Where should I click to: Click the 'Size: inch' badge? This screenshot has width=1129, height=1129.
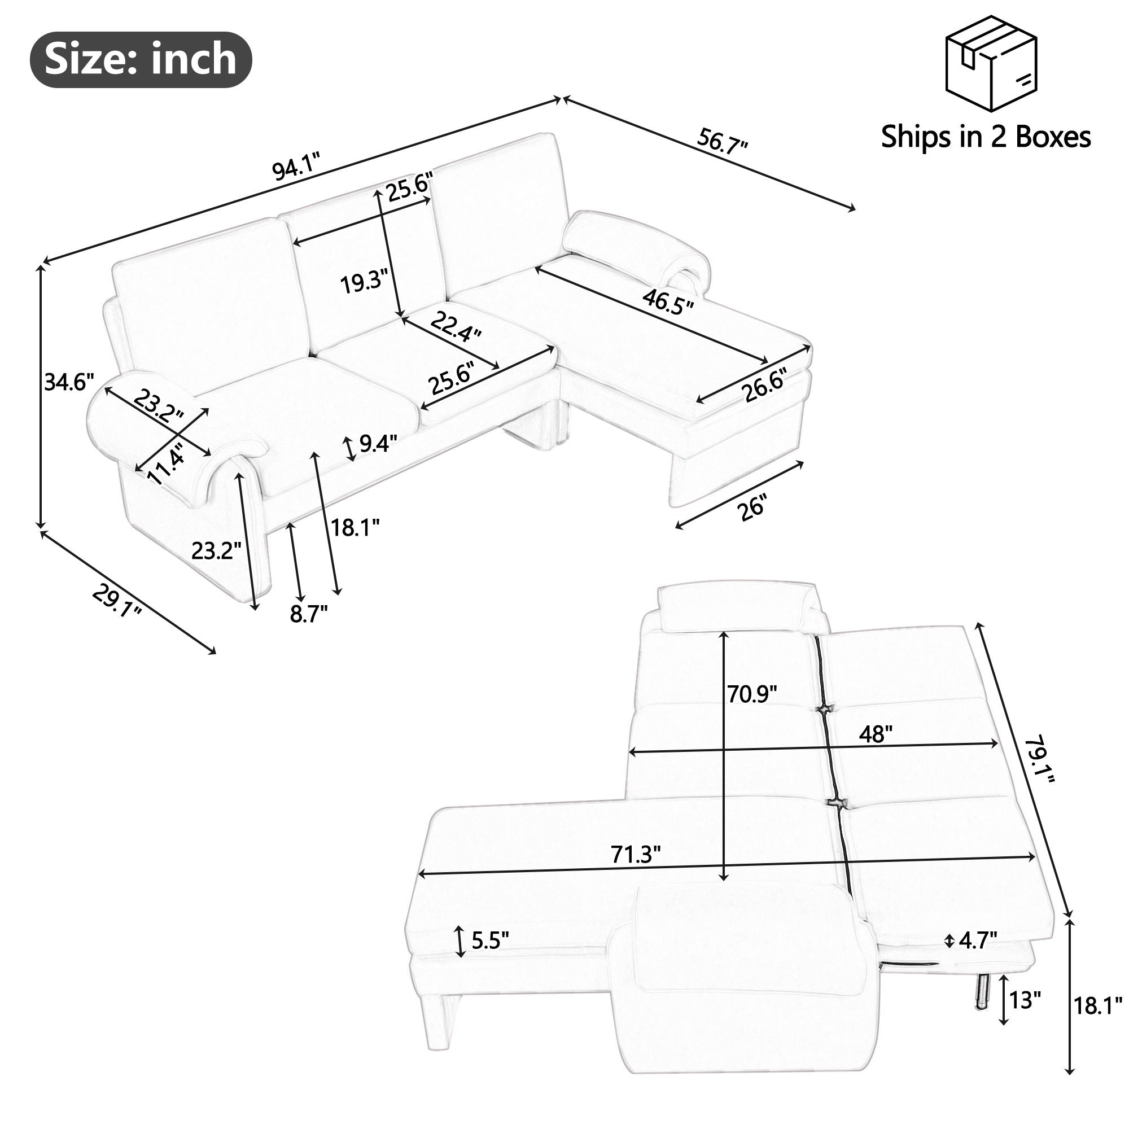140,60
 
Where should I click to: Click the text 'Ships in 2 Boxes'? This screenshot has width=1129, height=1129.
985,137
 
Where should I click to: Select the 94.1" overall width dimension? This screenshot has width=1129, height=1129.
297,168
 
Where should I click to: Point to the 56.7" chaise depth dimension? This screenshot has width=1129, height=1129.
723,142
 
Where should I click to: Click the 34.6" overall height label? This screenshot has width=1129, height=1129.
69,383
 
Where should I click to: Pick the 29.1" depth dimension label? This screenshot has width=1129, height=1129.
117,602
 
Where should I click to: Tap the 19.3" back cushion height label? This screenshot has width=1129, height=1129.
364,283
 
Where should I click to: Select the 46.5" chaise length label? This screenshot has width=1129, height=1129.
668,302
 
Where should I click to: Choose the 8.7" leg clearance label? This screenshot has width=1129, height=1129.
308,614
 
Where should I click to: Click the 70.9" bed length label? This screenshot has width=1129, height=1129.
751,694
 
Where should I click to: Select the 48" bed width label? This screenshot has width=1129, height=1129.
876,734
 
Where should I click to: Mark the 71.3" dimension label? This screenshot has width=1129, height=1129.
636,854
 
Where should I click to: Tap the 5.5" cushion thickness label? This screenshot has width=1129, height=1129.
489,940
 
